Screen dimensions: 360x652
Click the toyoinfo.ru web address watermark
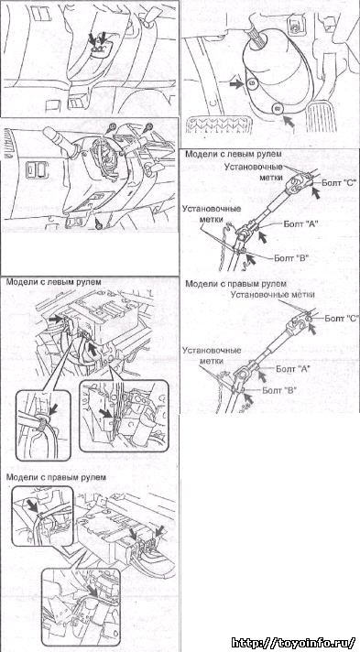tap(293, 642)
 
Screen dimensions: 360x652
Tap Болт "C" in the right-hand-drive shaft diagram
tap(342, 319)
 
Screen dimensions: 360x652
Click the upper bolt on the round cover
tap(251, 83)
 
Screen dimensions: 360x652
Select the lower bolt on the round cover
tap(278, 109)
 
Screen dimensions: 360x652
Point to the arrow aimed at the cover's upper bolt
tap(236, 83)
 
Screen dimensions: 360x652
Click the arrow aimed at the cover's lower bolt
tap(289, 122)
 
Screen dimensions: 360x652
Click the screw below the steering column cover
tap(98, 224)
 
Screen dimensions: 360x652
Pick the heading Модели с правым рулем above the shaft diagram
tap(236, 284)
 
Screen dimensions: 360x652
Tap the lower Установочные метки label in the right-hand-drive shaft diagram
tap(212, 354)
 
